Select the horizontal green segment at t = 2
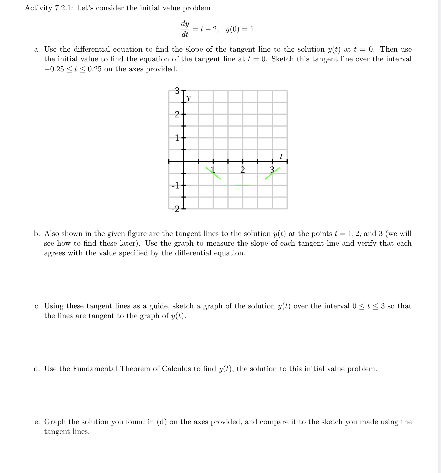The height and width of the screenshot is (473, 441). [x=242, y=185]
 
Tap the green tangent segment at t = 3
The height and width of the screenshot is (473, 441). [x=272, y=173]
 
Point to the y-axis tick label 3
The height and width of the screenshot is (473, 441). [x=177, y=90]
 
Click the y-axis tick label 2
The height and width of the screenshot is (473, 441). [x=177, y=114]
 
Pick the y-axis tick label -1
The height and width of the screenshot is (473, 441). [x=176, y=186]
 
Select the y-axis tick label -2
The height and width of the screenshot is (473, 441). [x=176, y=209]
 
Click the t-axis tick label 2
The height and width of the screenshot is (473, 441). [x=242, y=170]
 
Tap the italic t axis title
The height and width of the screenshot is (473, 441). [x=281, y=156]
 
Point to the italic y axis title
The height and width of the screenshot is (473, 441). [x=189, y=98]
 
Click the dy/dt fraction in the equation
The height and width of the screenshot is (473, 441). [x=185, y=29]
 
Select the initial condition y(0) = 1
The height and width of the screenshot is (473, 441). [x=240, y=29]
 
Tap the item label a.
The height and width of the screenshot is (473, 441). [x=37, y=50]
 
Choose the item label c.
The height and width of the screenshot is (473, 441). [x=37, y=306]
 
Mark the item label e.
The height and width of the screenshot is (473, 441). [x=37, y=422]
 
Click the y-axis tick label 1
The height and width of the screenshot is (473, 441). [x=177, y=138]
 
